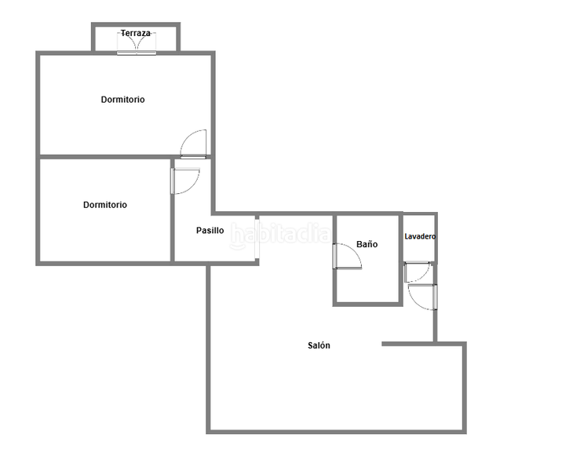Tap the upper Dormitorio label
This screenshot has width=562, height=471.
point(122,100)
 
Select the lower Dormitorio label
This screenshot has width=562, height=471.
point(105,205)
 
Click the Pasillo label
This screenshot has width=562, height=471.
point(210,231)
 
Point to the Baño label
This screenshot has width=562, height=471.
point(367,244)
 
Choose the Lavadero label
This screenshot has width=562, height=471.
point(420,236)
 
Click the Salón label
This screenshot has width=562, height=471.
point(319,345)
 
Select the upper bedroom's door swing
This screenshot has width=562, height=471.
point(194,144)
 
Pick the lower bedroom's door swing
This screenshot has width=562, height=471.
point(186,181)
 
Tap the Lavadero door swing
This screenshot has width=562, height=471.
point(417,272)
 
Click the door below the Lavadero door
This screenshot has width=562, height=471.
point(421,297)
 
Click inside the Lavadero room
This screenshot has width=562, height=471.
point(420,250)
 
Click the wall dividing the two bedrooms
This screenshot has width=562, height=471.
point(105,157)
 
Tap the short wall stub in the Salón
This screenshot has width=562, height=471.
point(408,344)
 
